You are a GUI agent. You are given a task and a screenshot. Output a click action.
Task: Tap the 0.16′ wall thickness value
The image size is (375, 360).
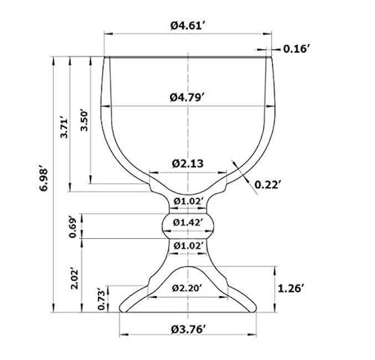pos(295,49)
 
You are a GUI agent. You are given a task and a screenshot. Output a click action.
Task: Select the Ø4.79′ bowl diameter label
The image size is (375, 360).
pos(187,97)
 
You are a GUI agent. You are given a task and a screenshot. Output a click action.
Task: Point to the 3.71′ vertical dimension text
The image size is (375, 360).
pos(64,127)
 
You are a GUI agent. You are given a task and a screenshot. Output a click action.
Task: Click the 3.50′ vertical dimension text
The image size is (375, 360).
pos(84,121)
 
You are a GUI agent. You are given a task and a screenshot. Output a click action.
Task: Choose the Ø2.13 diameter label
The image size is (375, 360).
pos(187,163)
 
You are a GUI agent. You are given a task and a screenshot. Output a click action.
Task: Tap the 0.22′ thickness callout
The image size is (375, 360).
pos(266,184)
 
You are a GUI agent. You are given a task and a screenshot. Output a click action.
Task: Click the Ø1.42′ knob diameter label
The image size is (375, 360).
pos(188,223)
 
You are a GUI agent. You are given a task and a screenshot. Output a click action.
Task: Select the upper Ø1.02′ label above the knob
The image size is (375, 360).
pos(188,202)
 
